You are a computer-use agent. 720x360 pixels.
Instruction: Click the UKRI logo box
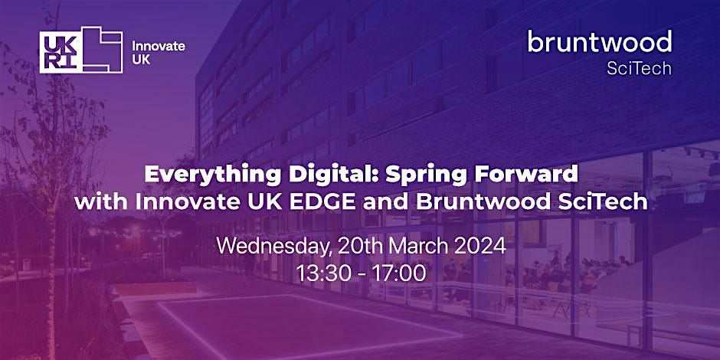[81, 50]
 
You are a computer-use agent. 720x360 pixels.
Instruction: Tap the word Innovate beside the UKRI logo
[159, 46]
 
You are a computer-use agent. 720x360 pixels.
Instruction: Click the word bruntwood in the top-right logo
[599, 41]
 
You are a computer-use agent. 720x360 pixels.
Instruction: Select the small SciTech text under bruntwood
[639, 68]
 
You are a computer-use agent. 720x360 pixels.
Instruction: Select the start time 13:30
[320, 273]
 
